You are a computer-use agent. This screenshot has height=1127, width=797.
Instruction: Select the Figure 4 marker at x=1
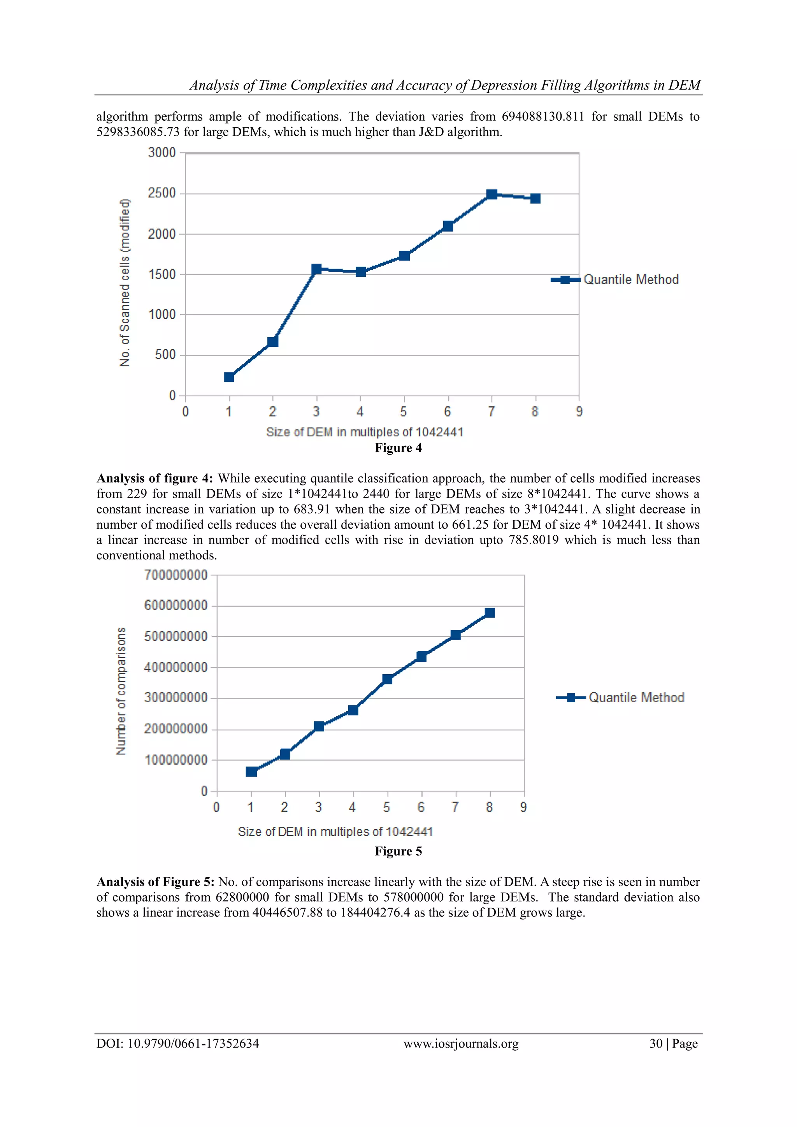229,377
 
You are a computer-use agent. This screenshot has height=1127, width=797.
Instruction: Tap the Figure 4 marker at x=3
316,269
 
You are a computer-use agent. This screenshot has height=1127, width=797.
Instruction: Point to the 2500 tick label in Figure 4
162,193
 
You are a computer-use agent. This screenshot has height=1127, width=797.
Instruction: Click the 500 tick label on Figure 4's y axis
165,355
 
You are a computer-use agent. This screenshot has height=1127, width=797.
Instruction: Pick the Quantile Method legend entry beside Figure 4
615,279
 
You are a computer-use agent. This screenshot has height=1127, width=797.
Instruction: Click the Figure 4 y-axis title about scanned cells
125,283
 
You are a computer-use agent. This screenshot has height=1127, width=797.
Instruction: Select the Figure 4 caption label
398,448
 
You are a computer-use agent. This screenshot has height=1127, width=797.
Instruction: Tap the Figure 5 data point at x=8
489,613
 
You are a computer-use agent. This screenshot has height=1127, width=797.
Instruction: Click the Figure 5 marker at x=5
387,679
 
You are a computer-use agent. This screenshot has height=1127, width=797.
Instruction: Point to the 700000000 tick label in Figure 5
176,575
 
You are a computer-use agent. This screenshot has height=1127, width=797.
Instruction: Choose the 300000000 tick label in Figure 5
176,698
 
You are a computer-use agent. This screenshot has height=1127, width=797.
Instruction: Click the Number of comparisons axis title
121,691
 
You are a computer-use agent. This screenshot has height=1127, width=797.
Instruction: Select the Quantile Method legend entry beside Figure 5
620,698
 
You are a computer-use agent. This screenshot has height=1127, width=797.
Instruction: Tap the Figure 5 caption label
398,851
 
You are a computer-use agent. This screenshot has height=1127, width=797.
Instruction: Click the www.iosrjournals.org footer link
461,1044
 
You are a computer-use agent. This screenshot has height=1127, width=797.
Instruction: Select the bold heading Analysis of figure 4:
154,478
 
